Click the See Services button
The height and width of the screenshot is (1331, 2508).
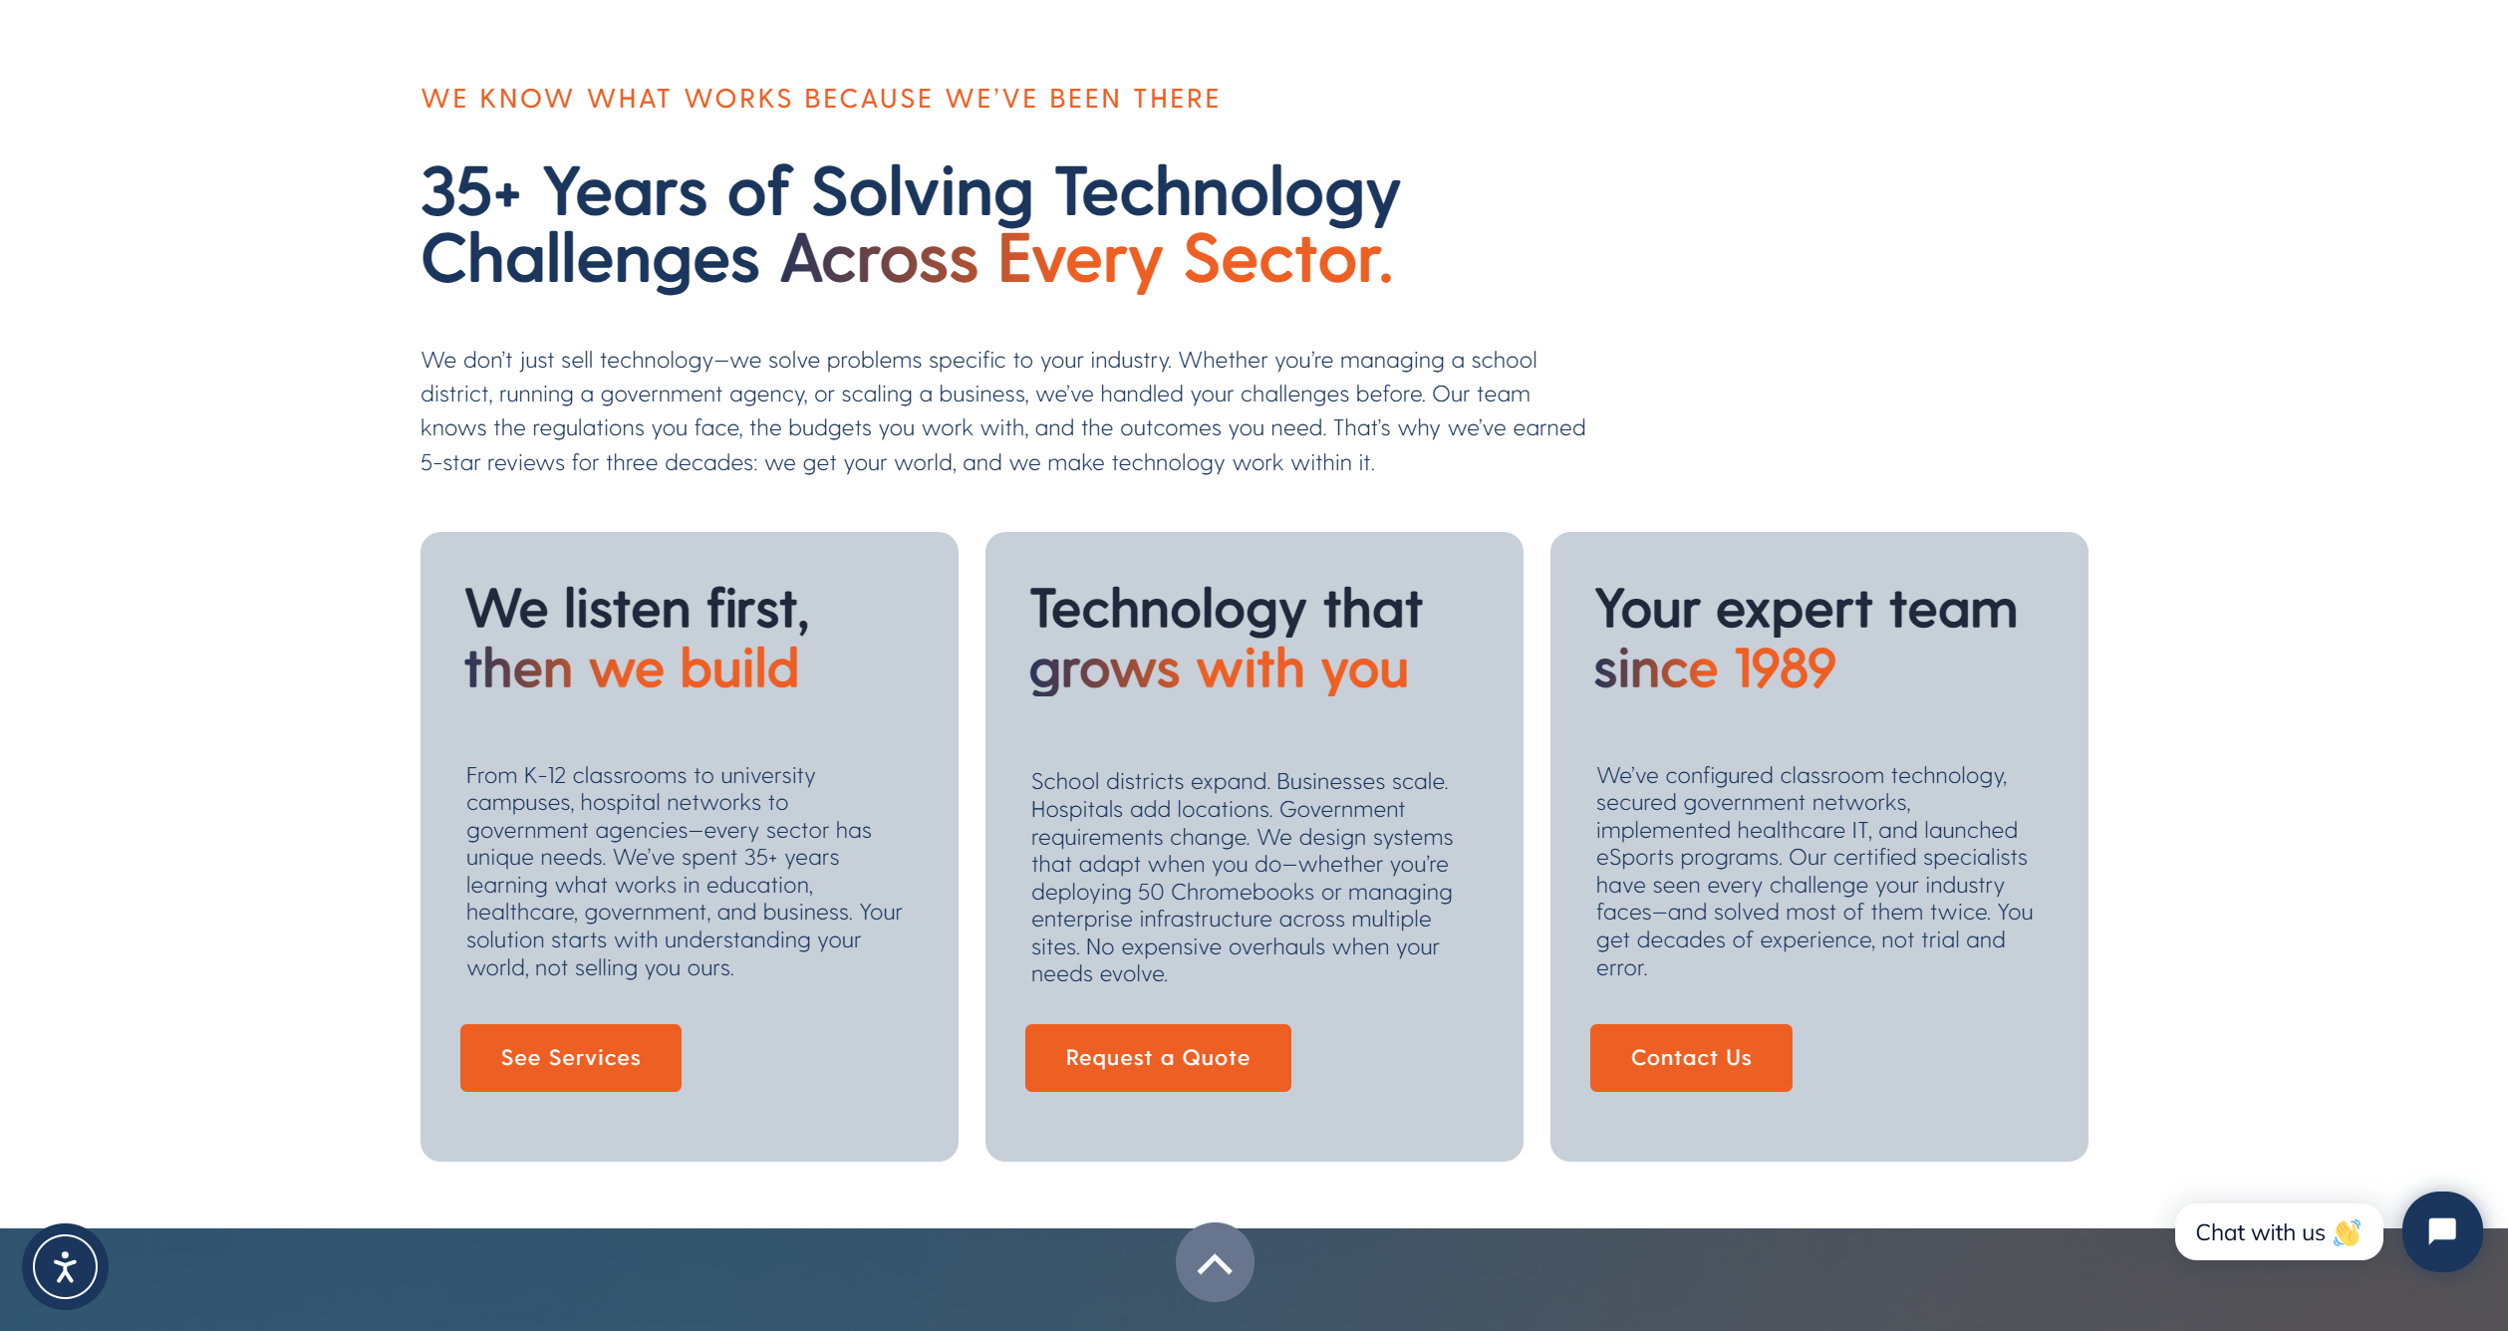570,1057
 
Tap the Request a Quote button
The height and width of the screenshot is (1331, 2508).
1158,1057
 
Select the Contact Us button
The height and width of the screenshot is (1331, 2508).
1691,1057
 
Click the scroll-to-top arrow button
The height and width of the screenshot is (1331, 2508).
1215,1262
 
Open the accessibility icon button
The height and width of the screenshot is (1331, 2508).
65,1266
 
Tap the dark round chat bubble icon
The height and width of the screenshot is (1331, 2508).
2442,1231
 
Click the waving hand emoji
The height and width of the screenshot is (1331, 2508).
2347,1232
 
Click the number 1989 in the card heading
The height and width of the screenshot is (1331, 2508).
1785,667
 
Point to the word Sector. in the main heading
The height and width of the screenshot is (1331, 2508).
1287,259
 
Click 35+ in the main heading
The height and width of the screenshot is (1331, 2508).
470,191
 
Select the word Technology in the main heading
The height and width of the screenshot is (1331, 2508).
1228,193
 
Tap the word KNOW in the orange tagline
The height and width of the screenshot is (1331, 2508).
526,99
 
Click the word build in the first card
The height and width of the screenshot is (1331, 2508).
739,667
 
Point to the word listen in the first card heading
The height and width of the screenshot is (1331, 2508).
627,609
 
